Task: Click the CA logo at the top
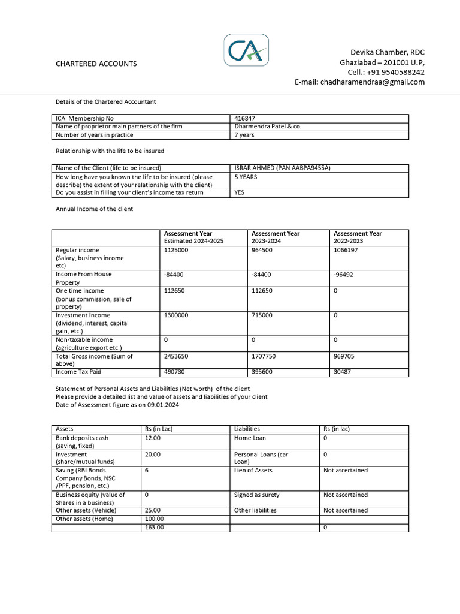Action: (246, 50)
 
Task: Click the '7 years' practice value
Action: (244, 135)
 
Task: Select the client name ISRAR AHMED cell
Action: (283, 168)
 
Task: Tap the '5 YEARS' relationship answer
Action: (246, 177)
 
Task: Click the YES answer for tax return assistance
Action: (240, 192)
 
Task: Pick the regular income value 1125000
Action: (176, 250)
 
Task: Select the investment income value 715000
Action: (264, 315)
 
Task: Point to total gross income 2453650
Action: (176, 356)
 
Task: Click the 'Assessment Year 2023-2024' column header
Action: (276, 237)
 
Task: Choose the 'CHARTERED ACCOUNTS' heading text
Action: (96, 64)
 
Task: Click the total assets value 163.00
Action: (153, 528)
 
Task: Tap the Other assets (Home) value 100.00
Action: (154, 519)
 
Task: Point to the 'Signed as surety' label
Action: (256, 495)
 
